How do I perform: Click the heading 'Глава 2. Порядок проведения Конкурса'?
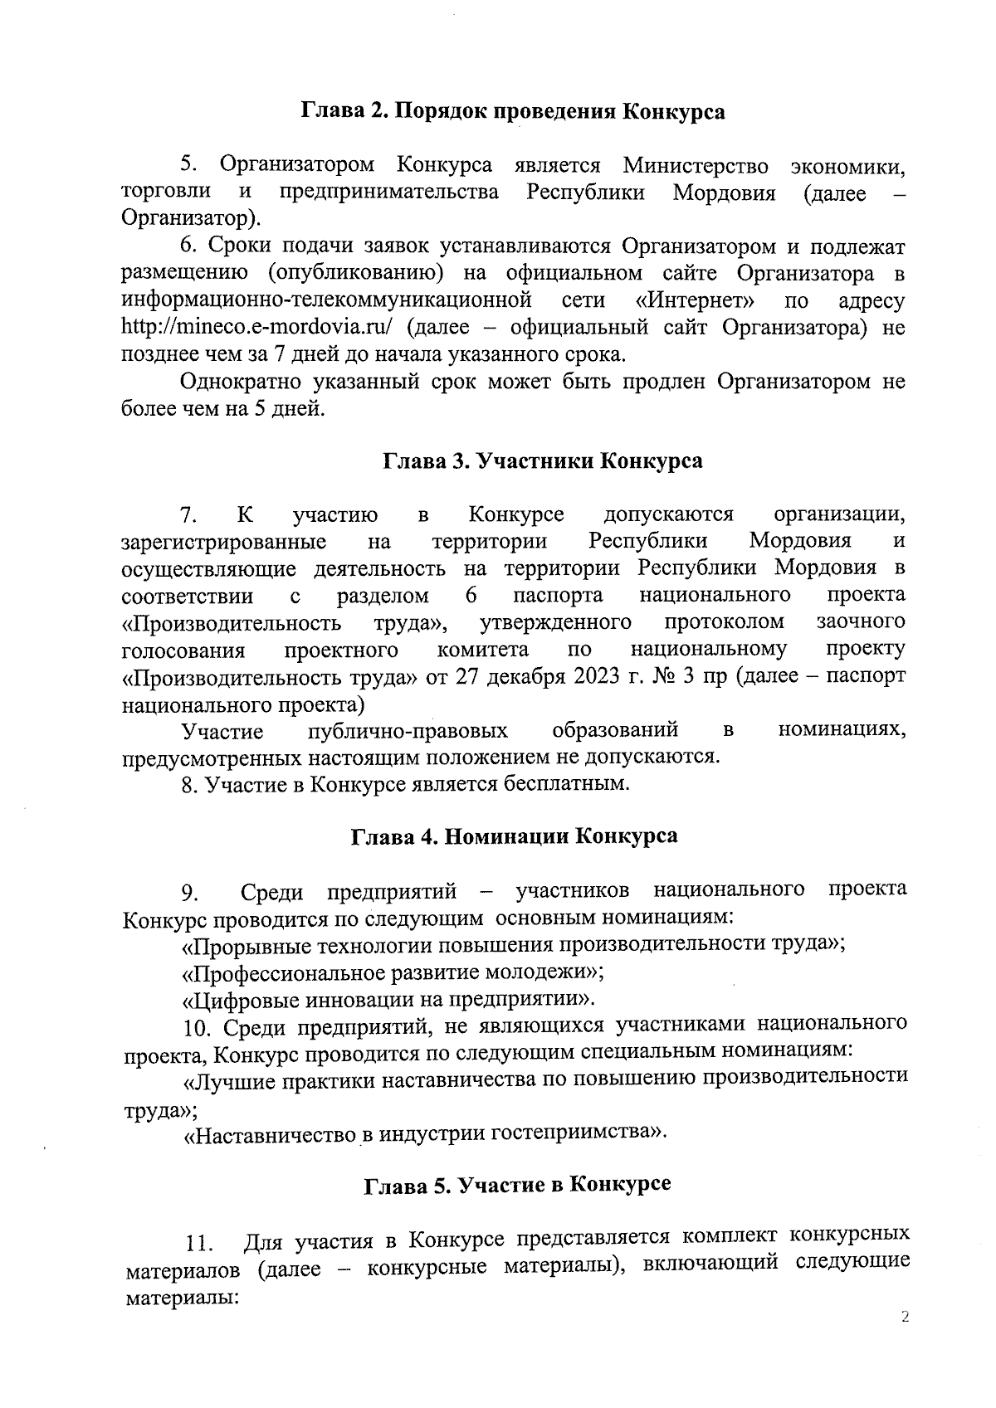pyautogui.click(x=512, y=112)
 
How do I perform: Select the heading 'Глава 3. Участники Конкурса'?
pyautogui.click(x=542, y=461)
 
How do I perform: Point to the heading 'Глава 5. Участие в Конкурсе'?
pyautogui.click(x=518, y=1184)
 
